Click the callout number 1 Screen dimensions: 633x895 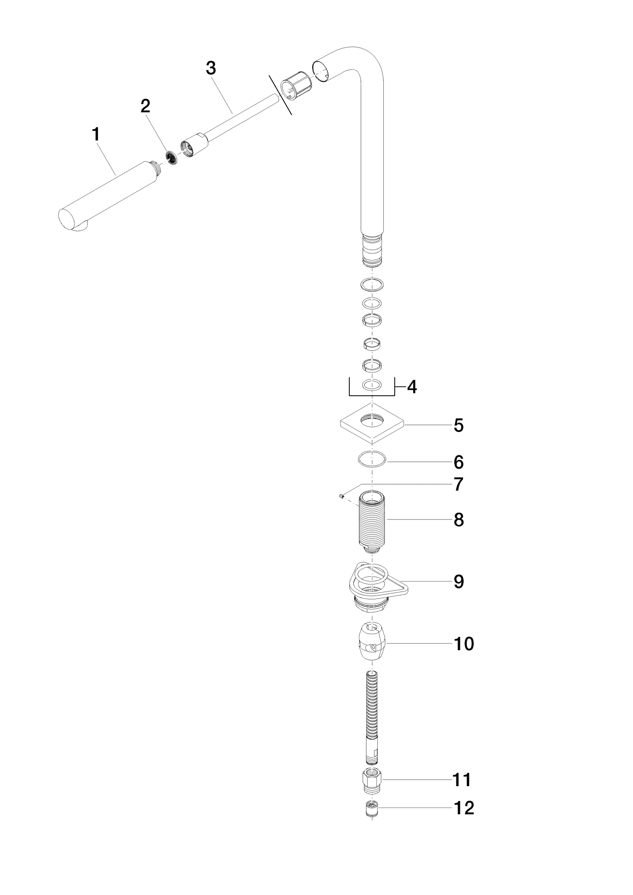pyautogui.click(x=96, y=134)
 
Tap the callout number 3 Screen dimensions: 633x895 pyautogui.click(x=211, y=68)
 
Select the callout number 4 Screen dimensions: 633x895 pyautogui.click(x=412, y=387)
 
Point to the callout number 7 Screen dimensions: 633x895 pyautogui.click(x=458, y=484)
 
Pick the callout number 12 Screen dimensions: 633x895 pyautogui.click(x=463, y=808)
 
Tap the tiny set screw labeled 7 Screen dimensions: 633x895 pyautogui.click(x=341, y=495)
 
